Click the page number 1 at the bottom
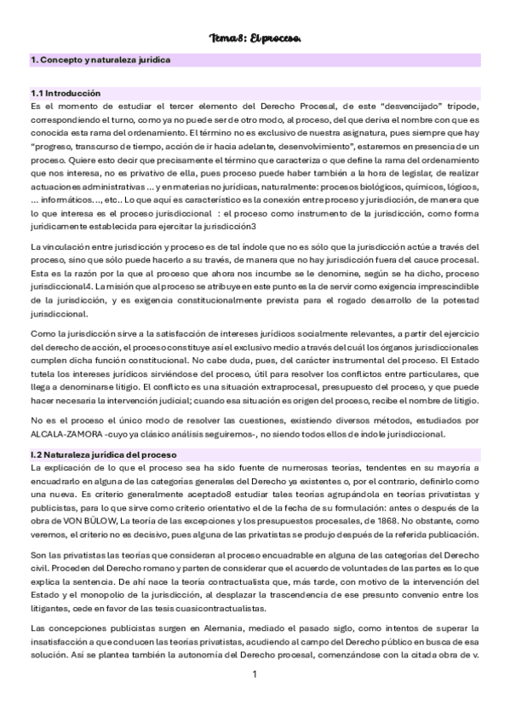[255, 698]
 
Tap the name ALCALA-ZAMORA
[61, 434]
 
